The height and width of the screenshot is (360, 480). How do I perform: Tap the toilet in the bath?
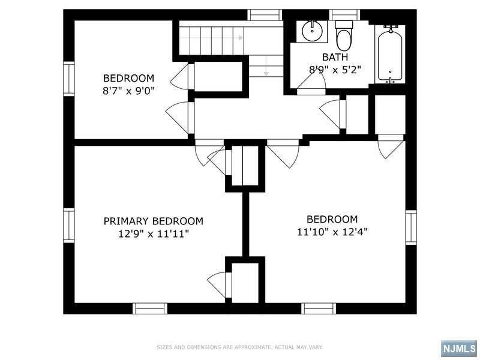[344, 37]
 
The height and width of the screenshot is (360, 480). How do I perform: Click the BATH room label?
[335, 57]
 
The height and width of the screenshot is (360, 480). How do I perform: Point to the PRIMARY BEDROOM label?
[154, 221]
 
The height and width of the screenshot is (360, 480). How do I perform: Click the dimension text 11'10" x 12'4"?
[332, 232]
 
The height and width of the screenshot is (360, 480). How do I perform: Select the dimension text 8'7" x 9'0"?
[128, 91]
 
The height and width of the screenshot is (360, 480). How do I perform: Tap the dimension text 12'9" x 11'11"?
[154, 233]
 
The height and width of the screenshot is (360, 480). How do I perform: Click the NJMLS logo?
[459, 348]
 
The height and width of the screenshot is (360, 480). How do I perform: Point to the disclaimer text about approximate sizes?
[240, 347]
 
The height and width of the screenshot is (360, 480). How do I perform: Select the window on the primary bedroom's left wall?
[69, 226]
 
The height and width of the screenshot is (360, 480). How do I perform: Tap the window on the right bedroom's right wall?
[410, 227]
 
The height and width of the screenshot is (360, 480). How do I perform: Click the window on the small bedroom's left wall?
[69, 79]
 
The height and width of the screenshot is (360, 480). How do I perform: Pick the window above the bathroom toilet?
[344, 14]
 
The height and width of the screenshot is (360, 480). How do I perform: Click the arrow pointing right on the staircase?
[241, 38]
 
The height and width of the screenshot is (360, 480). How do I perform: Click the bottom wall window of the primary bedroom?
[150, 308]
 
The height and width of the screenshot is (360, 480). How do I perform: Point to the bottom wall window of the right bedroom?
[318, 308]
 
